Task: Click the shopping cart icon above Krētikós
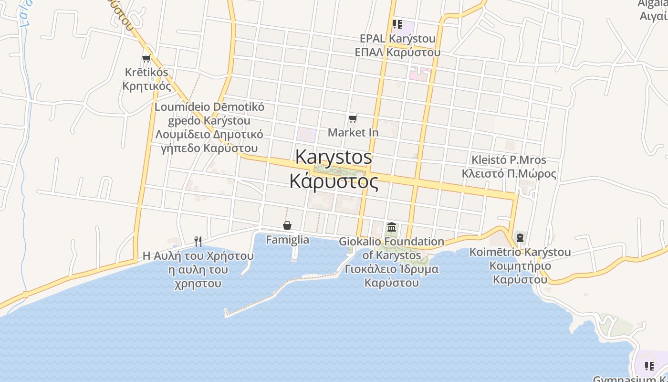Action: [146, 58]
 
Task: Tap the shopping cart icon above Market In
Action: [353, 118]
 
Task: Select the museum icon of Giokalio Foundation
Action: [392, 227]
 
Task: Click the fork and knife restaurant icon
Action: [198, 241]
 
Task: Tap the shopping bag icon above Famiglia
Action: [287, 225]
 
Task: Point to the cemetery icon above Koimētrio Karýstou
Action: [520, 237]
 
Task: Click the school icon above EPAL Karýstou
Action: [397, 24]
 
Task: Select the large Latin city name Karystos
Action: [334, 157]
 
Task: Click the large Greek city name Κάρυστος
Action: [334, 181]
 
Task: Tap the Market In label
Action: [353, 132]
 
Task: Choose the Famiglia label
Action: [287, 240]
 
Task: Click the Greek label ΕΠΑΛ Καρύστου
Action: [397, 52]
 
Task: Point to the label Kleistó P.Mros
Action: [509, 159]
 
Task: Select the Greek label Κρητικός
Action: [146, 86]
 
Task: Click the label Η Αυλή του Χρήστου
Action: [198, 256]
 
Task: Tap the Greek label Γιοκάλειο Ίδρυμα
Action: [392, 269]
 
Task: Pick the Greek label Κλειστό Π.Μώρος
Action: [509, 173]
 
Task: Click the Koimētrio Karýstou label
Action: [520, 252]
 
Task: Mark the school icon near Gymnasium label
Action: [649, 366]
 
